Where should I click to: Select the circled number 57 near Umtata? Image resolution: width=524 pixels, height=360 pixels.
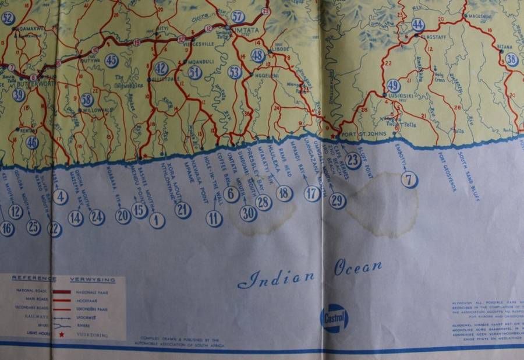[238, 16]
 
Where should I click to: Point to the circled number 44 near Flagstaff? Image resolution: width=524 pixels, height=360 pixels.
[417, 24]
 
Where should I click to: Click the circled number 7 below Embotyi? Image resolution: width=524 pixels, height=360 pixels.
[409, 180]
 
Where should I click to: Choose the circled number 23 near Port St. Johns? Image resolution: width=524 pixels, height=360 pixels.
[352, 160]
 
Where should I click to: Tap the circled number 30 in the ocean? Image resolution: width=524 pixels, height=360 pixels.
[249, 213]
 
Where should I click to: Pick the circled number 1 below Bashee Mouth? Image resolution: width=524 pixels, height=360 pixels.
[157, 220]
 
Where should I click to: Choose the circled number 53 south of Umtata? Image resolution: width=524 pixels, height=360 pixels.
[235, 72]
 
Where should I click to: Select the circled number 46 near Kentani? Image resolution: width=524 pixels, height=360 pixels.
[33, 142]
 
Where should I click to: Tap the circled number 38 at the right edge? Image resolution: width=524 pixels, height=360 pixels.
[512, 59]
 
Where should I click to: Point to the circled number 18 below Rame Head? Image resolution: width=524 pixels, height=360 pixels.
[284, 193]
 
